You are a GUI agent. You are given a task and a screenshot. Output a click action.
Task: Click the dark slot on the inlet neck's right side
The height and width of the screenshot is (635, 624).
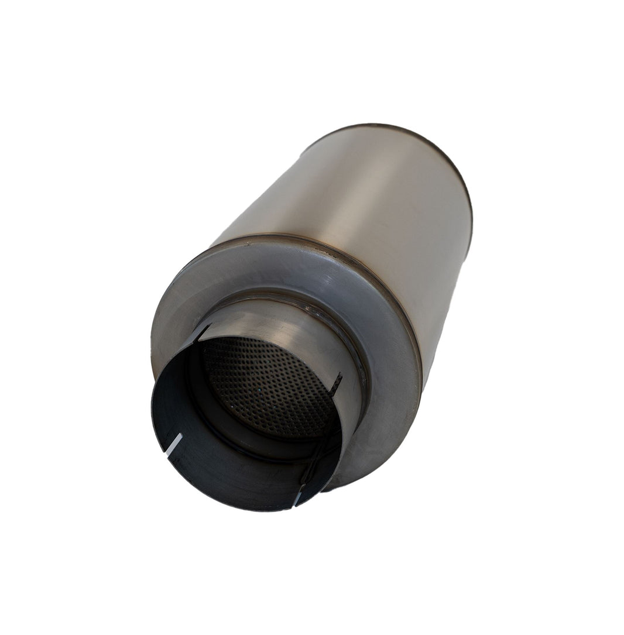(x=337, y=383)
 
